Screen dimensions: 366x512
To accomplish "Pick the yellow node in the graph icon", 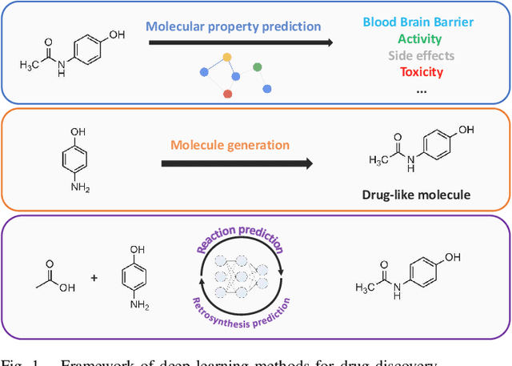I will coord(226,57).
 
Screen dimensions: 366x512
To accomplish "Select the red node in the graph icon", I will coord(228,94).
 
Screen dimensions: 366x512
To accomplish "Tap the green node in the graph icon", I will coord(257,67).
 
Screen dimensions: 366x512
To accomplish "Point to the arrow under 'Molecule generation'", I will coord(236,163).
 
